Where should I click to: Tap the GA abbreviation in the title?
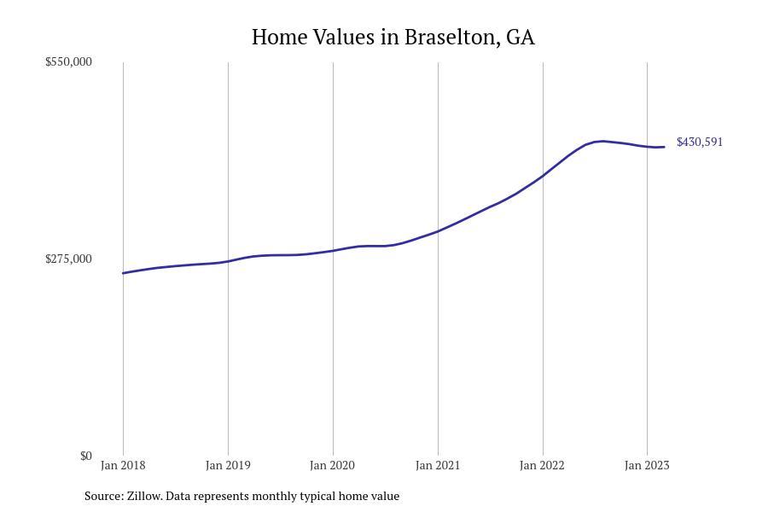coord(521,38)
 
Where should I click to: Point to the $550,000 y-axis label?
coord(68,61)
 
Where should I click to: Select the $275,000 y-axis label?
coord(68,259)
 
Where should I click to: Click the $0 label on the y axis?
coord(85,456)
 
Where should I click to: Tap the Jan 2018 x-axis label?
coord(123,465)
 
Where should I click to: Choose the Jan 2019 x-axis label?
coord(228,465)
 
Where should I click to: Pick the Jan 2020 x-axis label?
coord(333,465)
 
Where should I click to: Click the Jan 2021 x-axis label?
coord(438,465)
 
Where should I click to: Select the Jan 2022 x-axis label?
coord(542,465)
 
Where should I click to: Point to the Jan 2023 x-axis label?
coord(647,465)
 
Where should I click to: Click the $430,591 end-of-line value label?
coord(699,142)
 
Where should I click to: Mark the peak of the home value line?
coord(602,141)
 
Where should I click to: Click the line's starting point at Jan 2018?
coord(123,273)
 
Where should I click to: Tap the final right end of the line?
coord(664,147)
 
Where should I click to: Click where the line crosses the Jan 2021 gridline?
coord(438,231)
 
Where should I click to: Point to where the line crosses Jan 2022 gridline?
coord(543,176)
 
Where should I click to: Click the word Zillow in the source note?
coord(143,496)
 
